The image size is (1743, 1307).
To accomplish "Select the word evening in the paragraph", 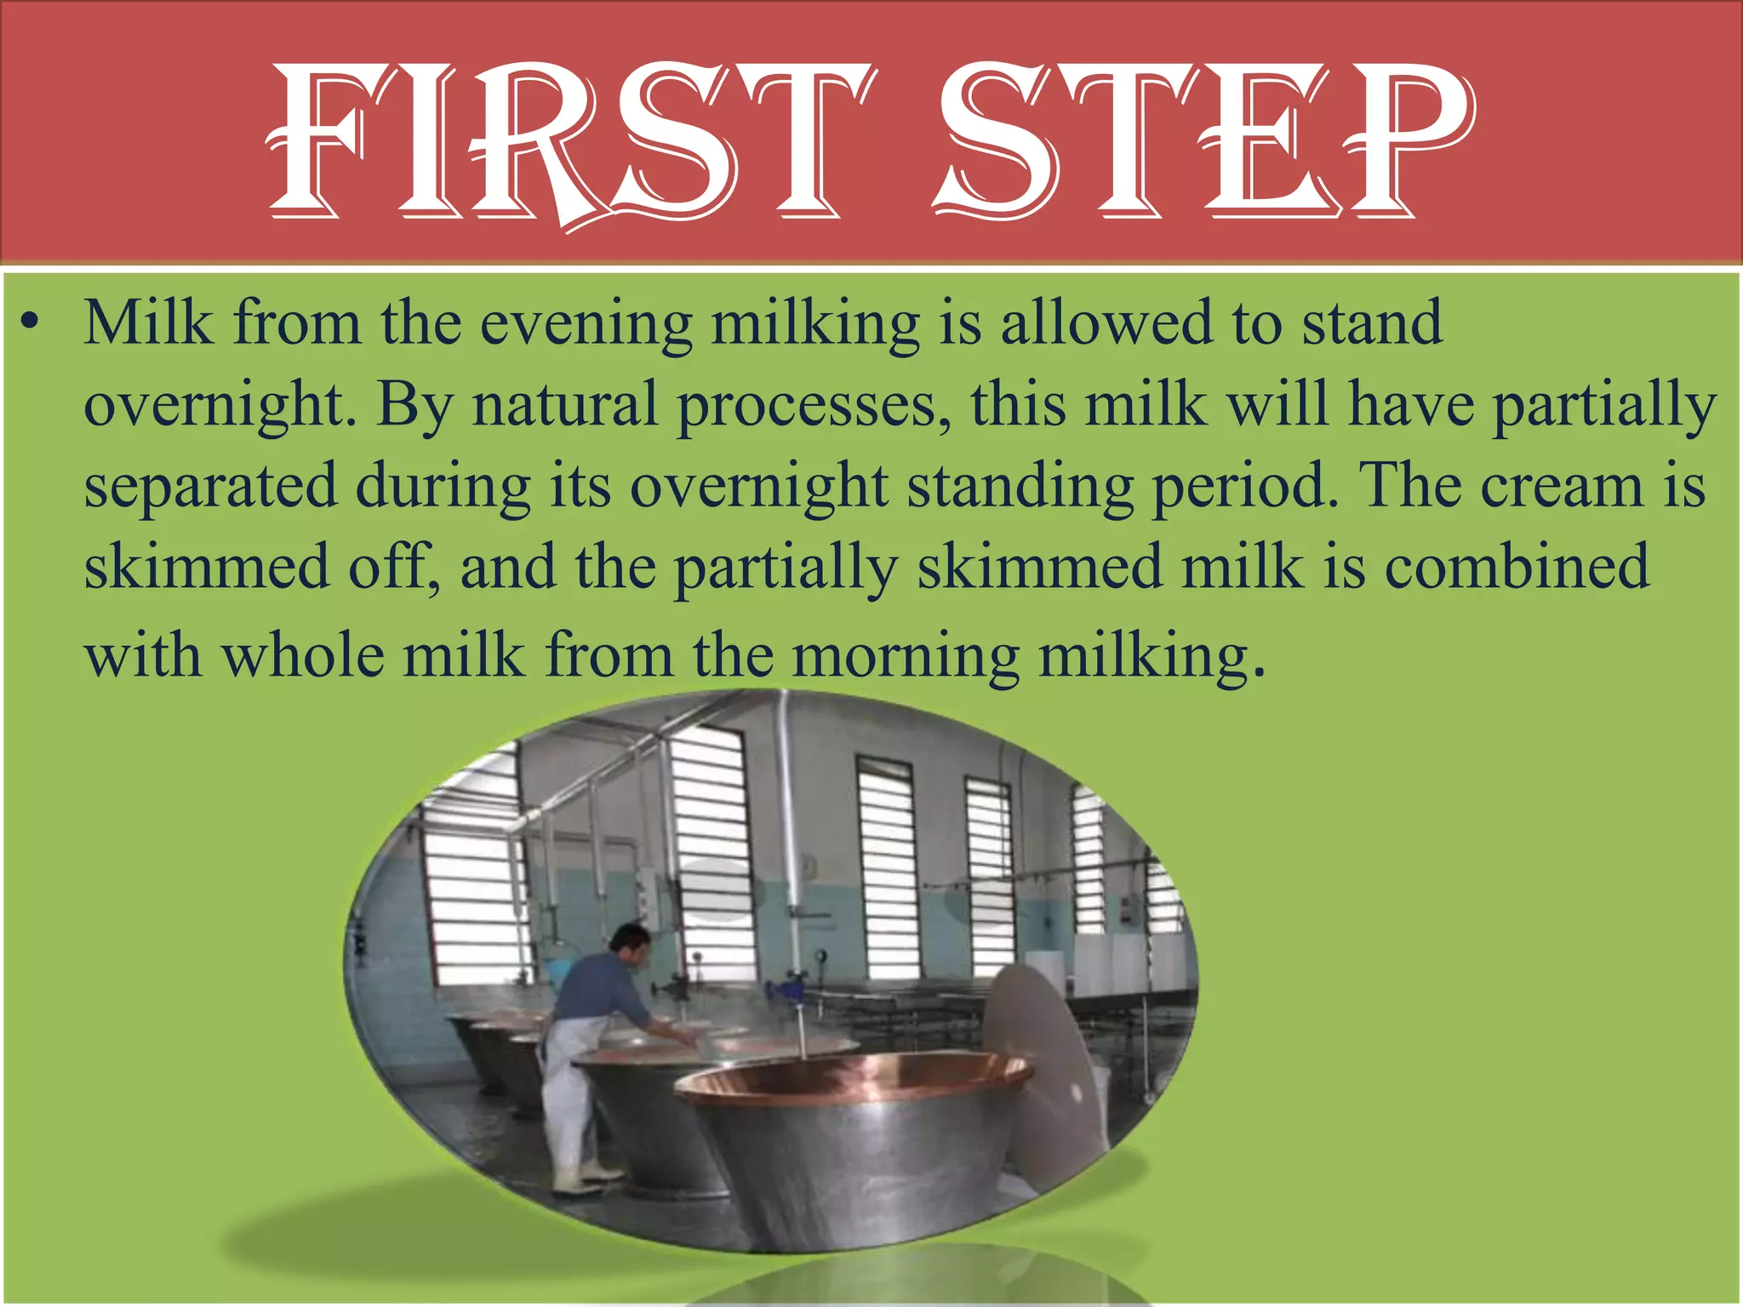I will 586,324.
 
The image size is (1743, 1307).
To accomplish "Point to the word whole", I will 303,655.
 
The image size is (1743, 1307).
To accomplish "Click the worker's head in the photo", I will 630,939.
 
